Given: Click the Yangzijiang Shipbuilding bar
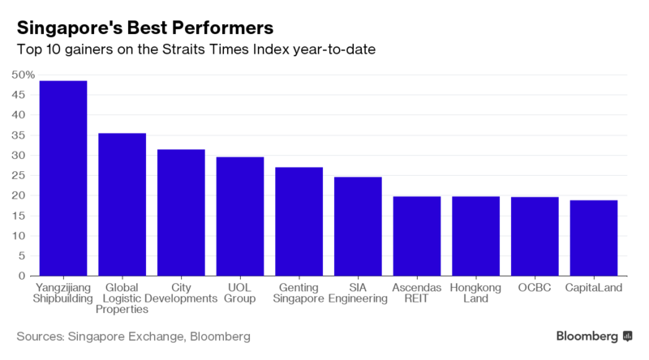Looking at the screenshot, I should (x=62, y=178).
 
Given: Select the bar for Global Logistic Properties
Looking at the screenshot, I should (x=122, y=204).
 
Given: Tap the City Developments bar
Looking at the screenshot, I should (x=181, y=212).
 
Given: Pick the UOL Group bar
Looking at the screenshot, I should (x=239, y=216).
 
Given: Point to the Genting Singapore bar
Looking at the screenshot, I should (x=299, y=221).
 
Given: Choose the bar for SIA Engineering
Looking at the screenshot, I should (x=358, y=226).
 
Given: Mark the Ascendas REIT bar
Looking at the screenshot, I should (x=417, y=236).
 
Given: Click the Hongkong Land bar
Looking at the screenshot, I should (x=475, y=236).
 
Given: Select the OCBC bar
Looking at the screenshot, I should (x=535, y=237).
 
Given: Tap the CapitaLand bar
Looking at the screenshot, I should (x=594, y=238).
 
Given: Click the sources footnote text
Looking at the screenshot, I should (x=134, y=336).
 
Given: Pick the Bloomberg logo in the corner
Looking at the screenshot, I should (x=594, y=336).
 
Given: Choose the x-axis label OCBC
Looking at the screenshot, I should (x=535, y=287).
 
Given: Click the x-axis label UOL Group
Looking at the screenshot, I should (x=239, y=293).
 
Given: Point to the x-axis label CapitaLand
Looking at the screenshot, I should (x=594, y=287).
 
